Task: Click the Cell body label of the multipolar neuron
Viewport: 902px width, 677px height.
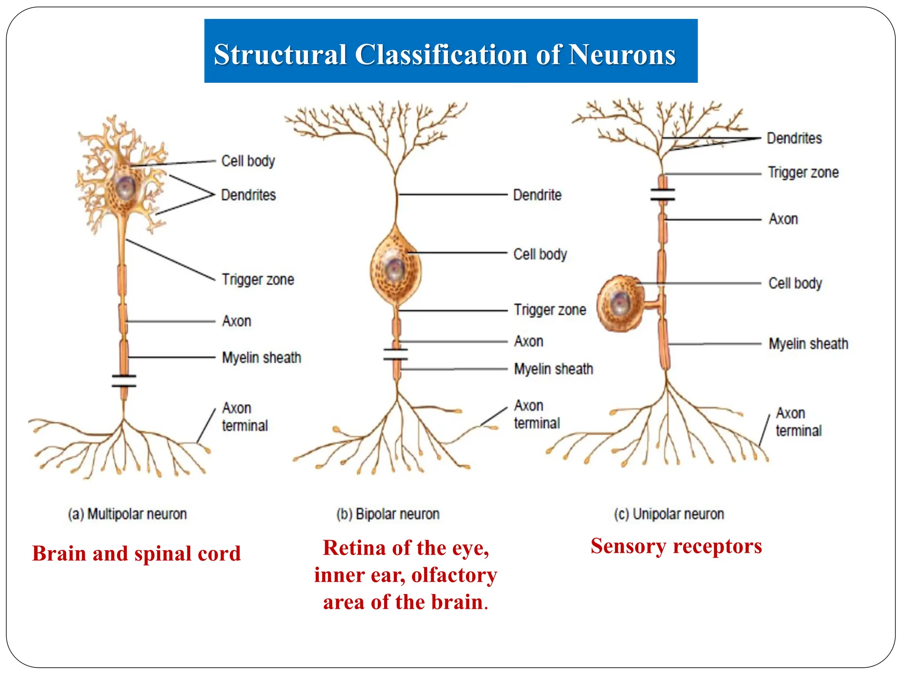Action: coord(248,161)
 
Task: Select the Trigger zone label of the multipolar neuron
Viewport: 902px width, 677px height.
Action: coord(258,279)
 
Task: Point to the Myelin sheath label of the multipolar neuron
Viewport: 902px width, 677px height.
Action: coord(261,357)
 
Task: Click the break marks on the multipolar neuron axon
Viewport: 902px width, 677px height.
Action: coord(124,381)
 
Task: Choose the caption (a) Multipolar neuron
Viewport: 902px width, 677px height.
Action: coord(127,514)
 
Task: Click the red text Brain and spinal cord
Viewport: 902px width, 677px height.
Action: coord(137,554)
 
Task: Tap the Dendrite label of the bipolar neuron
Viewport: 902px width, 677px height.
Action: coord(537,195)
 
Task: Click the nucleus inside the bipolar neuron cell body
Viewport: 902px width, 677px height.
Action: coord(395,268)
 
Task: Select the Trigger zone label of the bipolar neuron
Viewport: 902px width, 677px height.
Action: coord(550,310)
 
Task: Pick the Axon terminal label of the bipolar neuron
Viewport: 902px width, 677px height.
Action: coord(536,414)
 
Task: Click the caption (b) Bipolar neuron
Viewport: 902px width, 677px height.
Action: coord(388,514)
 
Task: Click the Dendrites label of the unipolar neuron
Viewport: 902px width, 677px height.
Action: coord(794,138)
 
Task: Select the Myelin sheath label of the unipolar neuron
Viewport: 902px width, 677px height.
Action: coord(808,344)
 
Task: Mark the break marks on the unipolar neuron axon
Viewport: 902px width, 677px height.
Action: coord(663,194)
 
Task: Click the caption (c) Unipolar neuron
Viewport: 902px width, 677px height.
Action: coord(669,514)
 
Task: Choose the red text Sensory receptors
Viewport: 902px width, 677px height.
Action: coord(676,546)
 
